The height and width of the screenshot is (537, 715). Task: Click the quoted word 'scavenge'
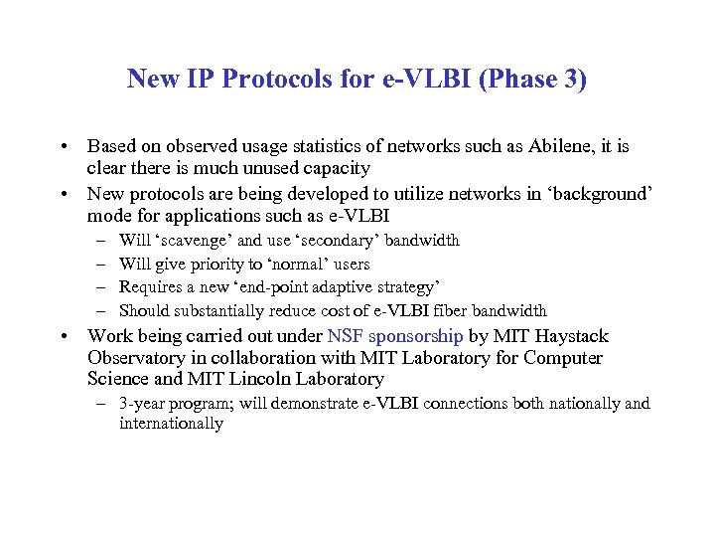tap(193, 241)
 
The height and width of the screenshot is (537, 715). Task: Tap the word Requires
tap(151, 287)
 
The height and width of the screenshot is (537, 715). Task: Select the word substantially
tap(224, 310)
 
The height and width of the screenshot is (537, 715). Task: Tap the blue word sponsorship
tap(415, 336)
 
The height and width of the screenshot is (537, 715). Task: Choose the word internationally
tap(171, 424)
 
